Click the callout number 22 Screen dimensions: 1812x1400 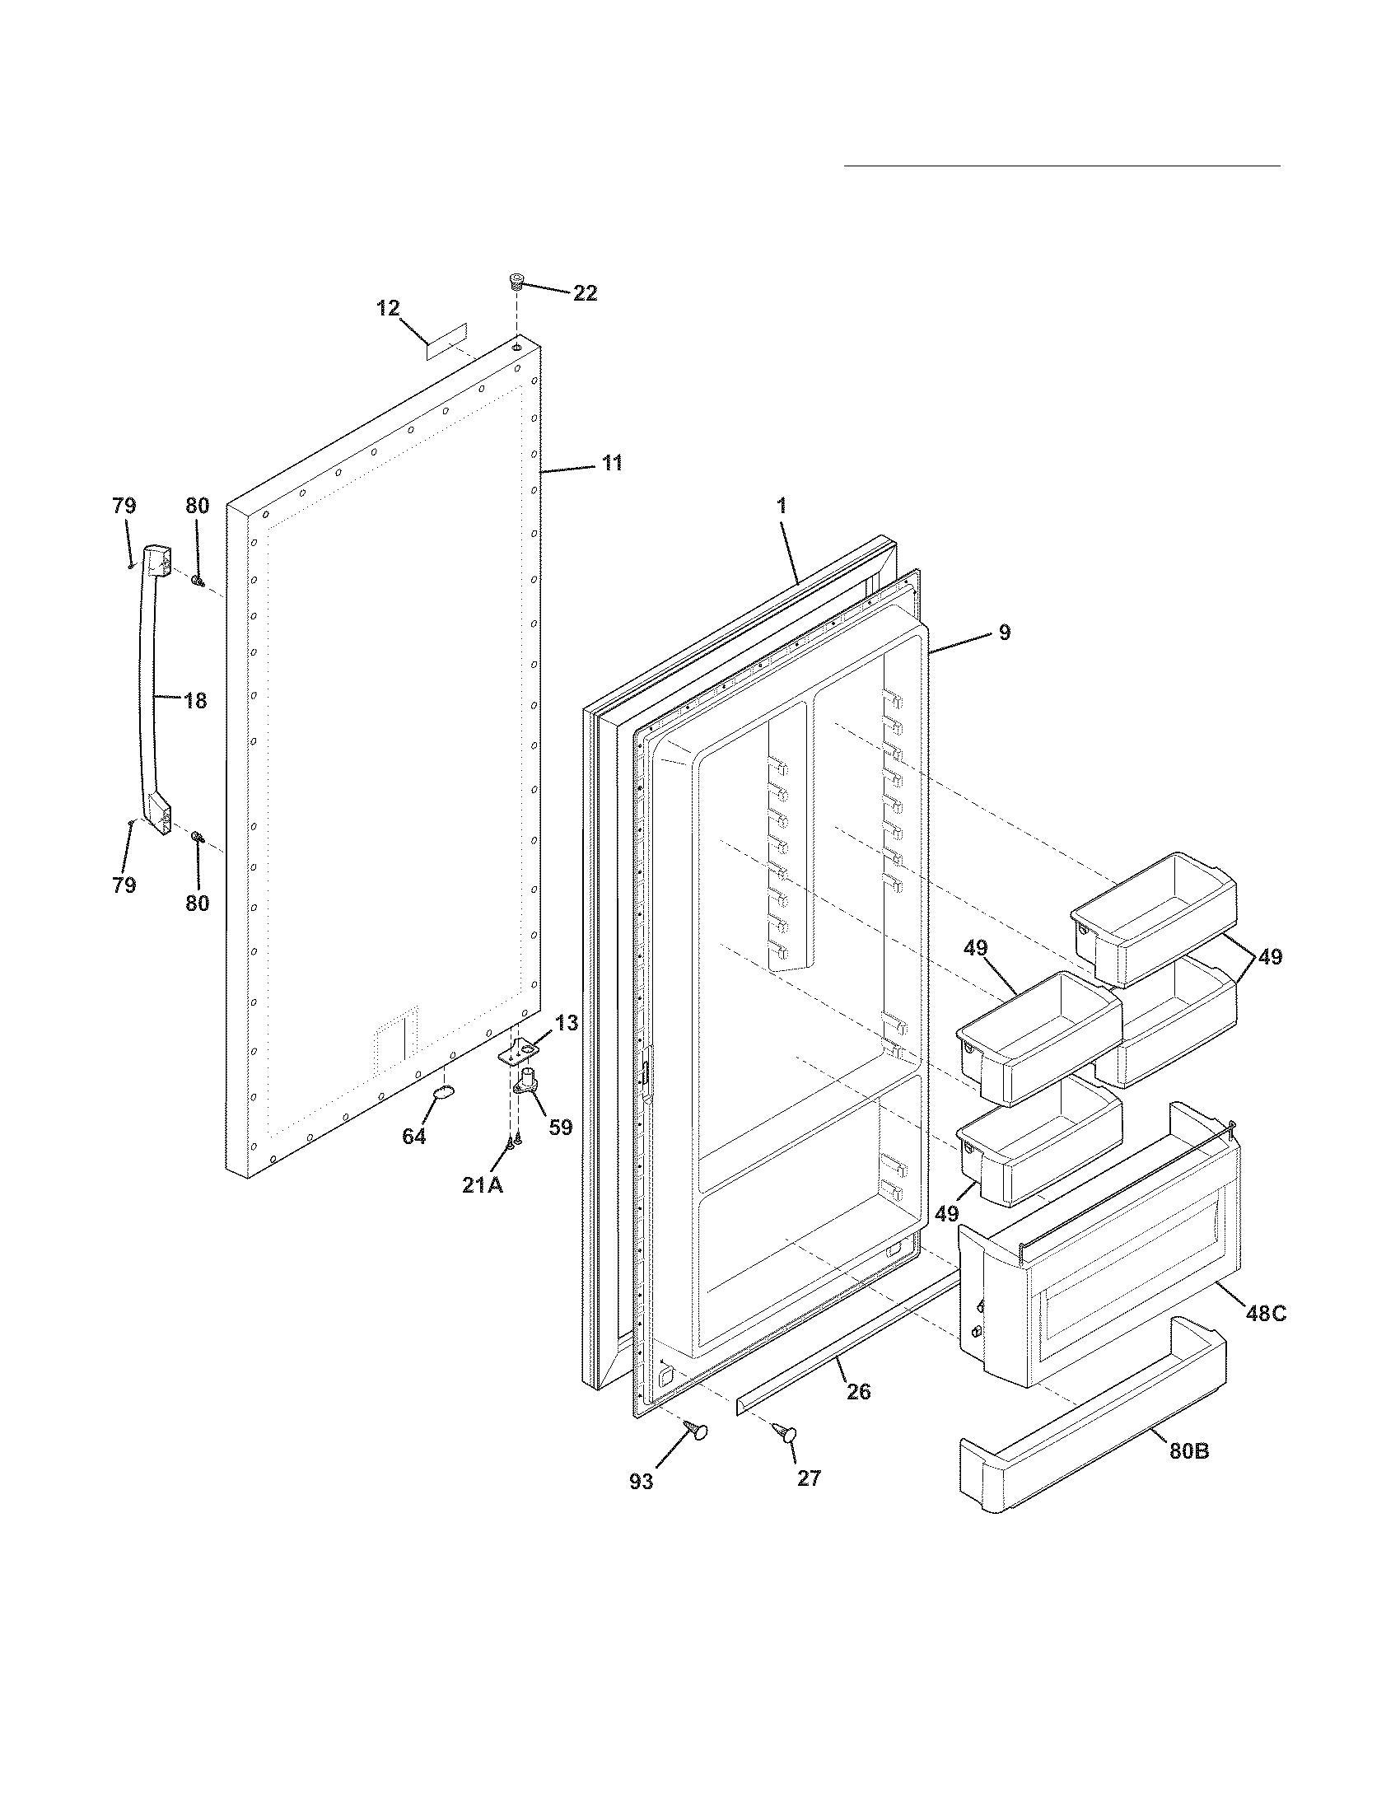point(585,293)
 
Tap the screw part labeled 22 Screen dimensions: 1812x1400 point(516,282)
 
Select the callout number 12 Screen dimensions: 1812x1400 point(387,309)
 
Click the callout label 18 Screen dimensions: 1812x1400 point(195,701)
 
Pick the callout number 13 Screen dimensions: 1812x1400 point(567,1023)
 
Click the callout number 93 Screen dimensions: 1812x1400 point(641,1482)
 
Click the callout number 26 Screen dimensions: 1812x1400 point(858,1391)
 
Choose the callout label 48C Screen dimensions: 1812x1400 point(1266,1314)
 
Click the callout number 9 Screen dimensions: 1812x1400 point(1004,633)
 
